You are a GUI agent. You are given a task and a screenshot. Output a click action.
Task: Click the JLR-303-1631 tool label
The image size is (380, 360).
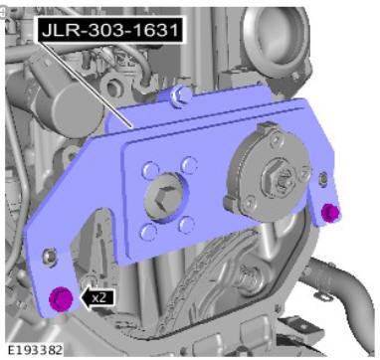[110, 31]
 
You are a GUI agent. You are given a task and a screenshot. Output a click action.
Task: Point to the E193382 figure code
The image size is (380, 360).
[35, 350]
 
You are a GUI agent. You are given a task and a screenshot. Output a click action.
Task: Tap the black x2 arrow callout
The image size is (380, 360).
[98, 297]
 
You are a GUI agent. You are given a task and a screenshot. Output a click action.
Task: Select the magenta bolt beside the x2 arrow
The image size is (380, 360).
[61, 298]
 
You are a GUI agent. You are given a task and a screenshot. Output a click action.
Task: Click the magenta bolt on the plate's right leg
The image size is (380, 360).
[330, 213]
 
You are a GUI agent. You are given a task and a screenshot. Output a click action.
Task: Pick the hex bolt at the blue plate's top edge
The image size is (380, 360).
[180, 94]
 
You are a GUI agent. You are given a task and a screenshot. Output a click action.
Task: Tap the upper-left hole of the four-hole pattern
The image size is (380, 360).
[149, 170]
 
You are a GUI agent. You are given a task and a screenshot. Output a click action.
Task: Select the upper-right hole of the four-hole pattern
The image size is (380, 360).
[189, 165]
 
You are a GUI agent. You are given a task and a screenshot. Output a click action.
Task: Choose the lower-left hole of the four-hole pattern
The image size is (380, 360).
[148, 232]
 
